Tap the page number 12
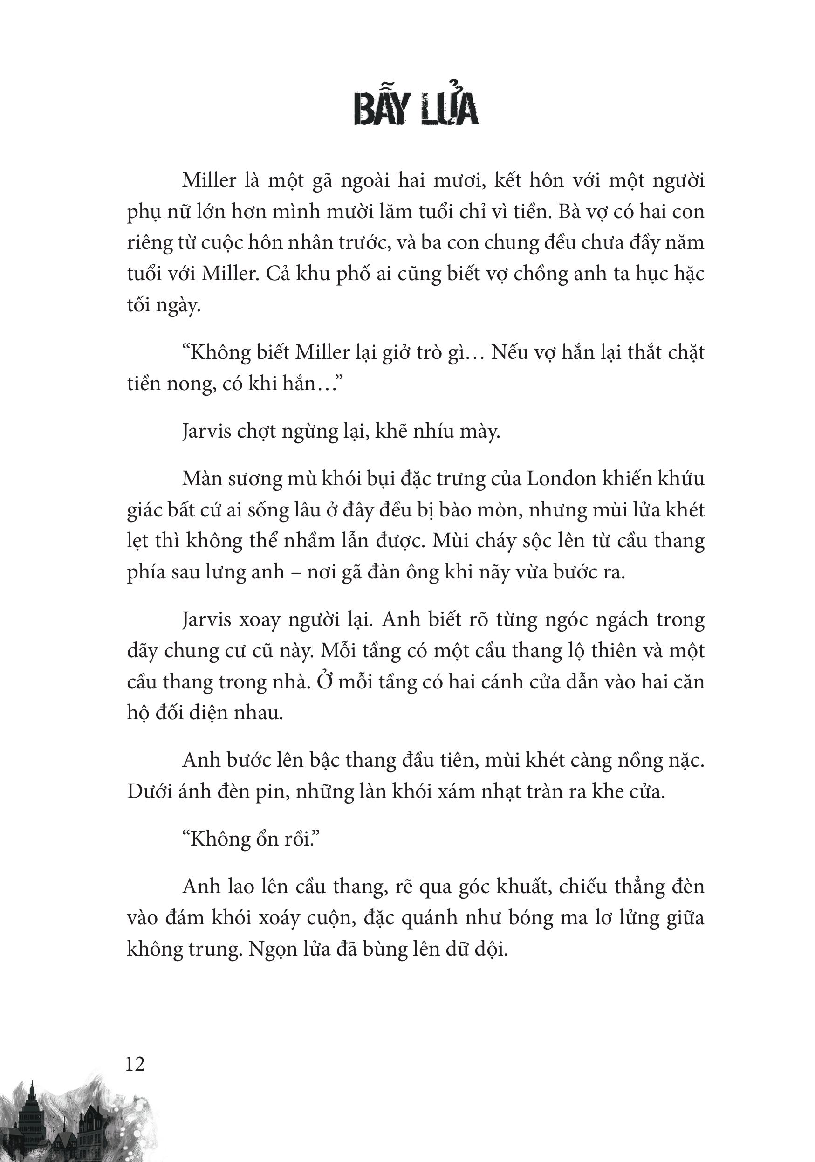135,1063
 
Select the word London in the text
562,478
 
